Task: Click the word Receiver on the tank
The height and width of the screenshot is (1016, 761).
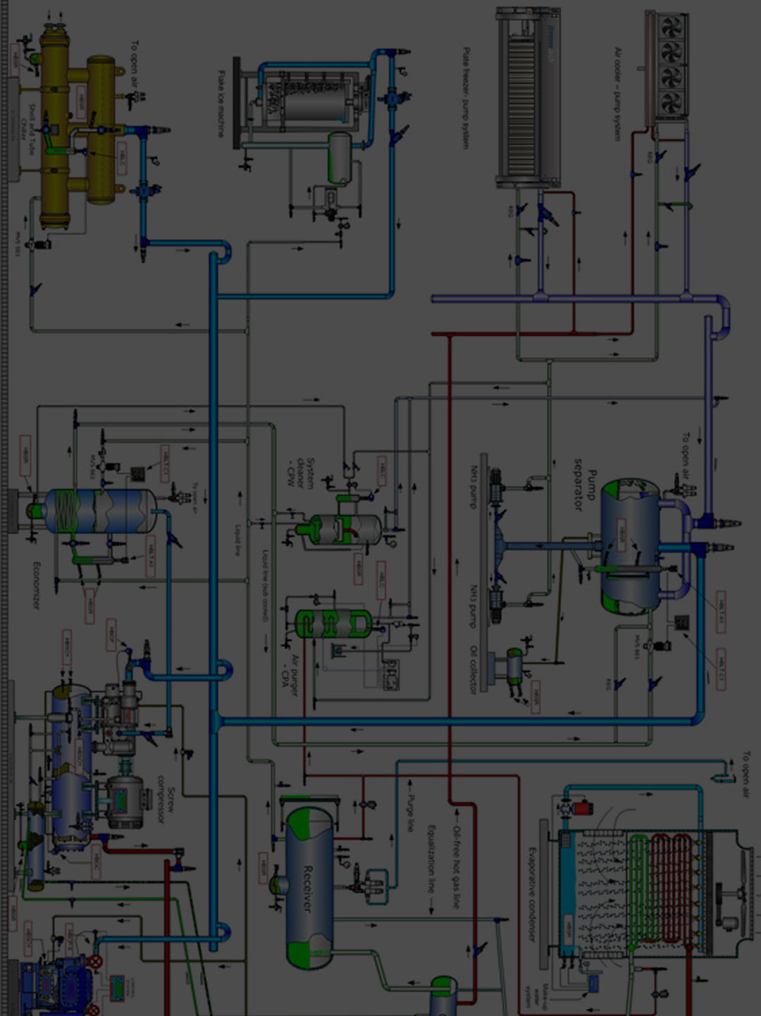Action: pyautogui.click(x=308, y=888)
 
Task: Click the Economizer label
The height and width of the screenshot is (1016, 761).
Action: pyautogui.click(x=37, y=585)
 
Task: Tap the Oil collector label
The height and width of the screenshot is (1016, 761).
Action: pyautogui.click(x=474, y=669)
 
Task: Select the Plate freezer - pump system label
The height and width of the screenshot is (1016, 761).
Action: pyautogui.click(x=465, y=98)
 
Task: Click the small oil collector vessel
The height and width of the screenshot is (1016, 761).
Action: pyautogui.click(x=515, y=666)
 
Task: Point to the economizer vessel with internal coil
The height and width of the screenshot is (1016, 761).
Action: pyautogui.click(x=99, y=511)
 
